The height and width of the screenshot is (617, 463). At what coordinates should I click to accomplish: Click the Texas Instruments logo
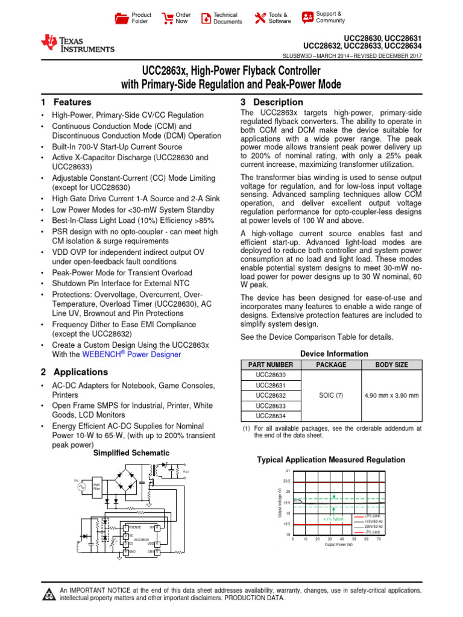(x=77, y=43)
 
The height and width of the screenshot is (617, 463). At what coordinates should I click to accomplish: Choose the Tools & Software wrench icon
(x=260, y=18)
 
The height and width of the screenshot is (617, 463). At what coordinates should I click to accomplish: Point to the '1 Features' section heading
(x=66, y=102)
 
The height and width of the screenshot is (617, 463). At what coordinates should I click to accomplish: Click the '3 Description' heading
(x=271, y=102)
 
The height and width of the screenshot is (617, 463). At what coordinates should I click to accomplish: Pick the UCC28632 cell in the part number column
(x=271, y=395)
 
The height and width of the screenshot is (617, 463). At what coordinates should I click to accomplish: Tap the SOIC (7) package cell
(x=331, y=395)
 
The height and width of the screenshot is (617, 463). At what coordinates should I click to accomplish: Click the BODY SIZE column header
(x=391, y=365)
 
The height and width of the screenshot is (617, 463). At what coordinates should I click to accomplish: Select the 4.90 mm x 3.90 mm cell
(x=391, y=395)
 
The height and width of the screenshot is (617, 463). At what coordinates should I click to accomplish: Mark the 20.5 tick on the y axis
(x=286, y=481)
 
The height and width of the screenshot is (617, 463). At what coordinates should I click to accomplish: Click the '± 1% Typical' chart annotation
(x=333, y=519)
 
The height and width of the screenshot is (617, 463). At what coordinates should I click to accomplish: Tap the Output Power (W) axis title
(x=339, y=545)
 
